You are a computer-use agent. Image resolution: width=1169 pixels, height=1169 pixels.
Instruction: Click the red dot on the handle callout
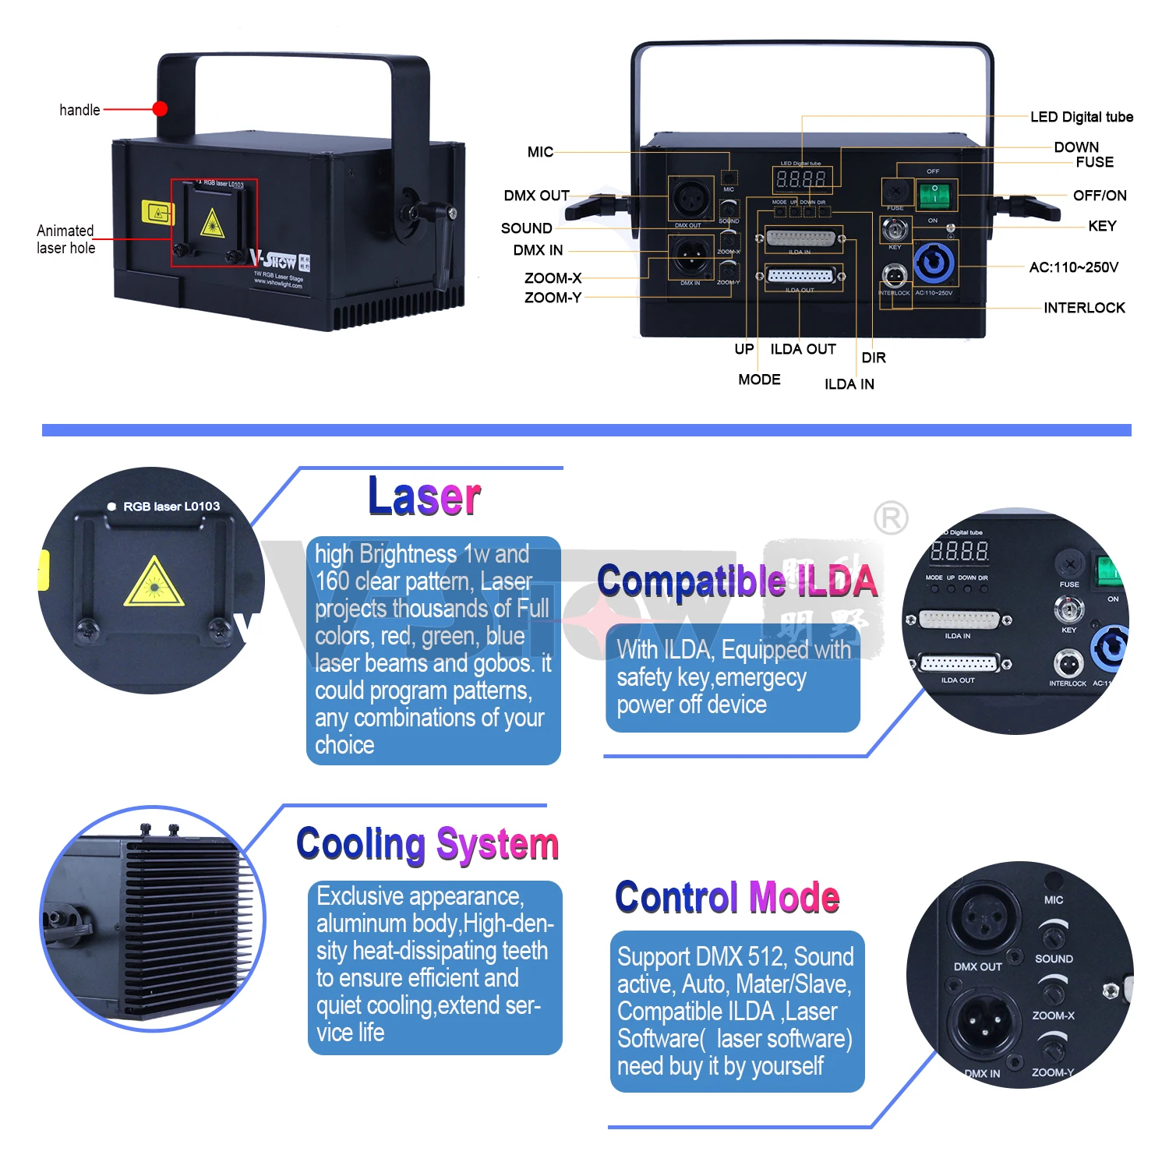160,108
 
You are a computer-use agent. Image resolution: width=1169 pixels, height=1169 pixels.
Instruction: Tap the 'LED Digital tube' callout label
1081,117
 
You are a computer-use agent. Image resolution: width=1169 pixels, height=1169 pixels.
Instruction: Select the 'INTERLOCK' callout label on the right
1084,308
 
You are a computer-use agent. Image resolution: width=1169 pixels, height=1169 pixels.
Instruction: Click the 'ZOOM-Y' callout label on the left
553,298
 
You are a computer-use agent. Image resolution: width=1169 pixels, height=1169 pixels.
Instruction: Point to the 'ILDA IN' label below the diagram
849,384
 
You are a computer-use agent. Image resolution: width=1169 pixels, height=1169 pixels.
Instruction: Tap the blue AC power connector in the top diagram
934,264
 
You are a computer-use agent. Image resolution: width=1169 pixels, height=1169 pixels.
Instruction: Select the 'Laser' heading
424,496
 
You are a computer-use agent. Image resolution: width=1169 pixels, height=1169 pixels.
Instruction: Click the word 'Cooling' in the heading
361,844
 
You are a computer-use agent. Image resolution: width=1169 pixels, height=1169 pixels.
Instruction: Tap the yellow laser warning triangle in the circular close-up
154,583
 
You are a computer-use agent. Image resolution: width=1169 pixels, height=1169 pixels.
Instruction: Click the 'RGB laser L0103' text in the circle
171,507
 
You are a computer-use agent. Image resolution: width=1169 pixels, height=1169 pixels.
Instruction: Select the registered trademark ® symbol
891,518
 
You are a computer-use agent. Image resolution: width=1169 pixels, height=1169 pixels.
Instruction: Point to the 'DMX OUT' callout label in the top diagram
536,196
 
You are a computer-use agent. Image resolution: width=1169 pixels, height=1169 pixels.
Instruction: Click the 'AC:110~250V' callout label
1073,267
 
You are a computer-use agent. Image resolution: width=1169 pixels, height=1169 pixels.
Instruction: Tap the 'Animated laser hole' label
65,239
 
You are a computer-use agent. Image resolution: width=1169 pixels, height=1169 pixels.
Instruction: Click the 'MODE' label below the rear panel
759,380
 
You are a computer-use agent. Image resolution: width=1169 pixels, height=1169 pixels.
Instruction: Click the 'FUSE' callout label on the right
1094,162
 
